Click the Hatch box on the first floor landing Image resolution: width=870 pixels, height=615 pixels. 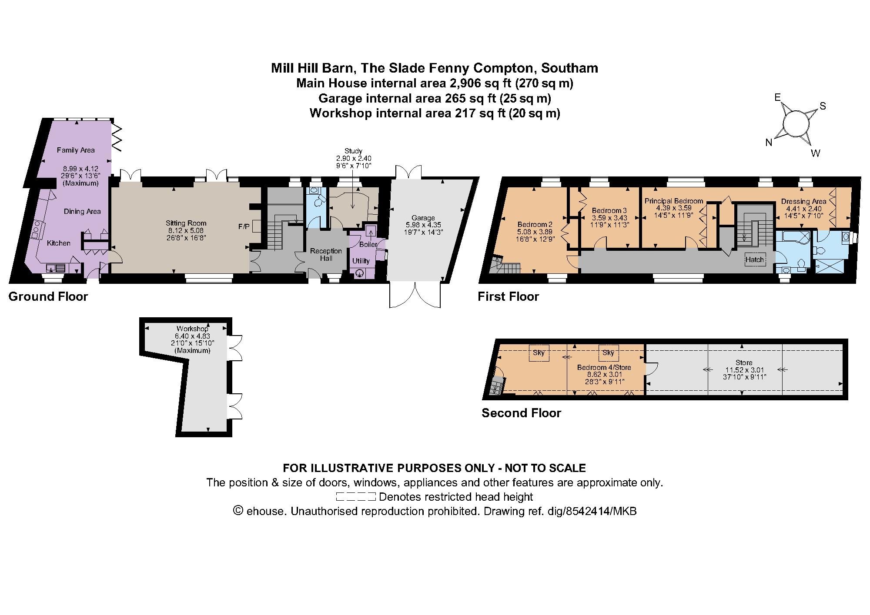(x=754, y=259)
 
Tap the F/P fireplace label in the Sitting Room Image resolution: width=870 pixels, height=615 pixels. (x=244, y=226)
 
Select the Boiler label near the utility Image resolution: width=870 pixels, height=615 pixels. (x=368, y=244)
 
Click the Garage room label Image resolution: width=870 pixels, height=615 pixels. (x=423, y=218)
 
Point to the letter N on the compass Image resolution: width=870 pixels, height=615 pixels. (x=769, y=143)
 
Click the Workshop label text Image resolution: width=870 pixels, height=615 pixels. (x=192, y=329)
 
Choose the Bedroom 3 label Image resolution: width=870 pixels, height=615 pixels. (x=609, y=210)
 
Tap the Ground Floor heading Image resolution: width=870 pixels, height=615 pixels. (x=48, y=297)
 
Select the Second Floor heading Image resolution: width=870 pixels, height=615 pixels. (x=521, y=413)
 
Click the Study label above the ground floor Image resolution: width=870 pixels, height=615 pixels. (x=353, y=151)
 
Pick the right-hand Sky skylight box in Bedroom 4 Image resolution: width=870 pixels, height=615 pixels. (x=608, y=352)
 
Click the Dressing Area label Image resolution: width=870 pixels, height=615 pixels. (x=803, y=201)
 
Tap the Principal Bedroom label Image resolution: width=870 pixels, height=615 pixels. (x=673, y=201)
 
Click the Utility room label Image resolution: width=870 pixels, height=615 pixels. (x=361, y=261)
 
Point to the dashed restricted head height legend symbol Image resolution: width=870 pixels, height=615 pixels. (x=356, y=497)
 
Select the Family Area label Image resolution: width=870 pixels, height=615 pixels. (x=76, y=150)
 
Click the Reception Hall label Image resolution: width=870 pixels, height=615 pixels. (x=326, y=255)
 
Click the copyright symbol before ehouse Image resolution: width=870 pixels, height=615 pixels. (x=238, y=511)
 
